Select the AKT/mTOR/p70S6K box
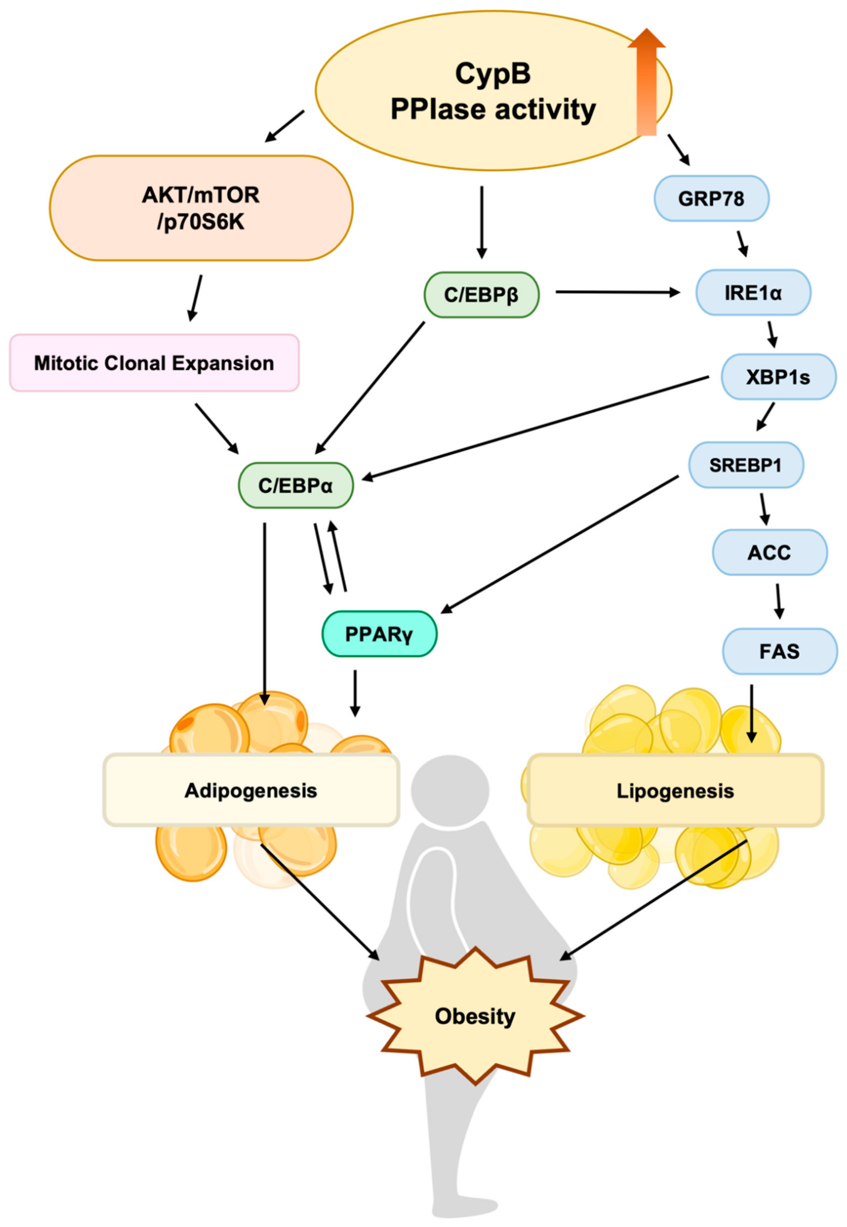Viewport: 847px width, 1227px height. tap(201, 208)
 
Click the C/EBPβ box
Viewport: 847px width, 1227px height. tap(481, 295)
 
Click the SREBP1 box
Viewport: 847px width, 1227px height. tap(746, 465)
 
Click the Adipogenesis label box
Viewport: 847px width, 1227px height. tap(251, 790)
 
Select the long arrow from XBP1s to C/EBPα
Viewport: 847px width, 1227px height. tap(536, 428)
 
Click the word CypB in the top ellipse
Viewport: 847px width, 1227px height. tap(493, 74)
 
